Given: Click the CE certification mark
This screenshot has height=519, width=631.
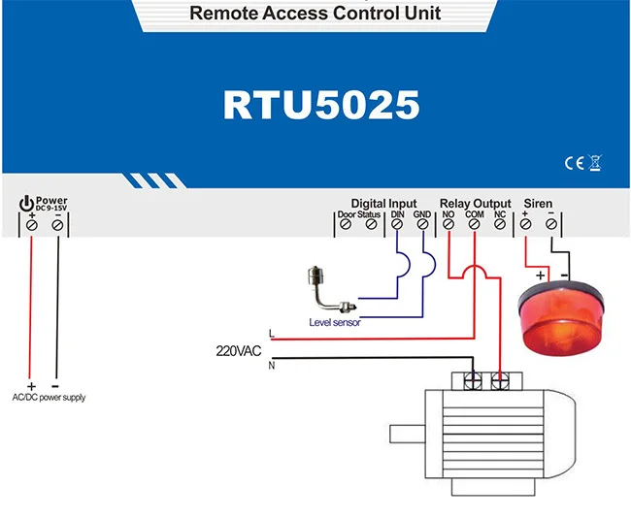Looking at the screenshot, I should [572, 163].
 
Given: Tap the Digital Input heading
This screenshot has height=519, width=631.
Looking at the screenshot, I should [383, 204].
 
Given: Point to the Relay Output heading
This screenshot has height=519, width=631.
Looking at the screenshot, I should [475, 204].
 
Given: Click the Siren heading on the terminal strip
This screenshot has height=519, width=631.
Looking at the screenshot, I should [538, 204].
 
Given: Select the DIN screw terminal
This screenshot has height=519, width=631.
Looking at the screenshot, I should [397, 225].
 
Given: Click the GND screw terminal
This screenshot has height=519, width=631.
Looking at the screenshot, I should [422, 225].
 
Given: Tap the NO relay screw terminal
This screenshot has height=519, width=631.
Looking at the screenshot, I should [448, 225].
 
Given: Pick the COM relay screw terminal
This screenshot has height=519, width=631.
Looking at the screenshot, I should [474, 225].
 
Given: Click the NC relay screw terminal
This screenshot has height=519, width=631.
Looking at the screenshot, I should [500, 225].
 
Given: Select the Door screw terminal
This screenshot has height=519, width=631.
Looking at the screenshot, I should [346, 225].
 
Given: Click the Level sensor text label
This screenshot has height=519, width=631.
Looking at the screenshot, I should [335, 322].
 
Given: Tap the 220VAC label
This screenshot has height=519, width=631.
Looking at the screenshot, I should [239, 350].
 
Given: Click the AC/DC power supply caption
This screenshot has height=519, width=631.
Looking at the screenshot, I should [49, 398].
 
